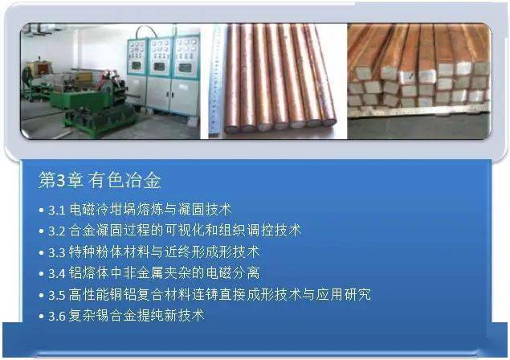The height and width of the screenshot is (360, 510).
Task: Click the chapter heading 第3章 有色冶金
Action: (x=100, y=180)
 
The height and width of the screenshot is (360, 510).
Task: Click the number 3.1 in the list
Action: (x=57, y=210)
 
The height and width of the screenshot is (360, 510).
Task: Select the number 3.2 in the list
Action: (x=57, y=231)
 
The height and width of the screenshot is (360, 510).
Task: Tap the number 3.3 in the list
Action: (x=57, y=252)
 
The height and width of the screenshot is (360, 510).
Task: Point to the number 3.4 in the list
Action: (x=57, y=273)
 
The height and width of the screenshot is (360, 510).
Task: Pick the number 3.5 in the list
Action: (x=57, y=295)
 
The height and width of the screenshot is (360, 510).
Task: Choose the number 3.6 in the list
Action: (x=57, y=316)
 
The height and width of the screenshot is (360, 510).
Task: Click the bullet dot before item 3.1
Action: (x=41, y=210)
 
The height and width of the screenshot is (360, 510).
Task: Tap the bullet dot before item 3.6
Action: (x=41, y=316)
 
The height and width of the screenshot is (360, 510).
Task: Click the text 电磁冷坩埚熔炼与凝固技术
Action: (x=150, y=209)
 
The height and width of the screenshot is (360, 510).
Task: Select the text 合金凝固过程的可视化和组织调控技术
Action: (x=185, y=231)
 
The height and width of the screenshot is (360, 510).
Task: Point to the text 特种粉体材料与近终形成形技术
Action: (x=165, y=252)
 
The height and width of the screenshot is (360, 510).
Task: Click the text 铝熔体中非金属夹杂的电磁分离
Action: (x=165, y=273)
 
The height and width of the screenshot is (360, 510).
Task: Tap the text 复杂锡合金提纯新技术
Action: (x=137, y=316)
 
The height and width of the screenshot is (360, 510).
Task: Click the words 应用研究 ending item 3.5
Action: (x=344, y=294)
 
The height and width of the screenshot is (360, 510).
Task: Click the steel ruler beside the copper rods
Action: (x=214, y=80)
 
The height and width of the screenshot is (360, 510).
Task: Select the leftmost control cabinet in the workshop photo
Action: (x=137, y=75)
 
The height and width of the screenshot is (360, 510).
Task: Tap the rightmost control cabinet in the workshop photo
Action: (x=185, y=76)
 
